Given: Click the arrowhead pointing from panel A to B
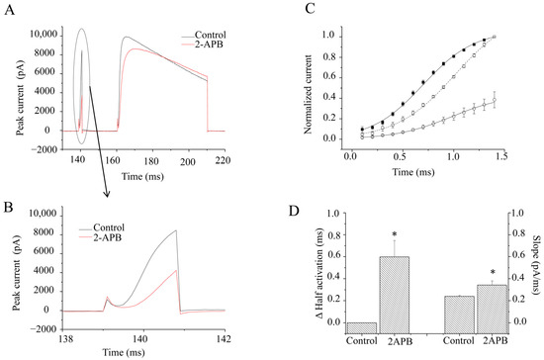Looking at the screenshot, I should pyautogui.click(x=107, y=183).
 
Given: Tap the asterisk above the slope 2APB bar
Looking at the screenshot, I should pyautogui.click(x=493, y=270).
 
